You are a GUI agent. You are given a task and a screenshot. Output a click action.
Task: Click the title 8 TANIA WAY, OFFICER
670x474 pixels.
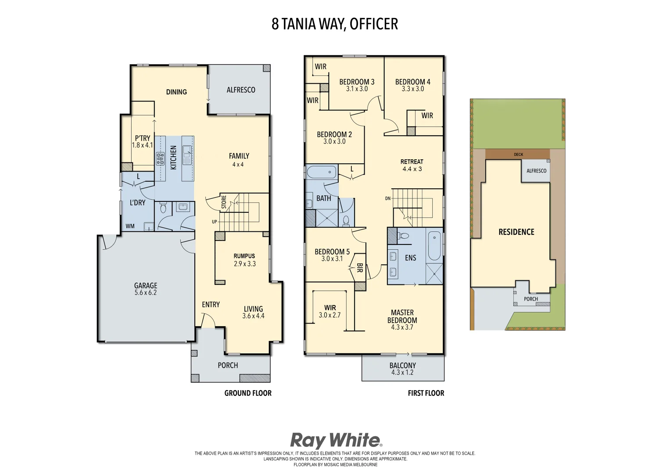334,24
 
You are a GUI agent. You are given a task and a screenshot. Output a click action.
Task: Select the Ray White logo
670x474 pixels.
336,440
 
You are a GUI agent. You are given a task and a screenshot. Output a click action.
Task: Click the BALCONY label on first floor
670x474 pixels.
402,366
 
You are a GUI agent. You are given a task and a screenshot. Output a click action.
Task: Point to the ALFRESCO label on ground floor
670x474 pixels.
240,90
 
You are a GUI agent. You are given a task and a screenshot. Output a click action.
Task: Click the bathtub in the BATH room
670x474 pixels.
321,172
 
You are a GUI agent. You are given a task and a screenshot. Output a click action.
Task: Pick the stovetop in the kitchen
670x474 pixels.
160,158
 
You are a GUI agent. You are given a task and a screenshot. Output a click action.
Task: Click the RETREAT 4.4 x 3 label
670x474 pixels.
412,165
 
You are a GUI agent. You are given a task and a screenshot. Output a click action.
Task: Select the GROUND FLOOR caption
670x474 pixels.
248,393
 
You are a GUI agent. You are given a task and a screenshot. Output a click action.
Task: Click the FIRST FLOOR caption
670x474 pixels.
426,393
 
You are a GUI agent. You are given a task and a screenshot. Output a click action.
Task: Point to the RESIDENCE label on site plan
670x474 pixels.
516,232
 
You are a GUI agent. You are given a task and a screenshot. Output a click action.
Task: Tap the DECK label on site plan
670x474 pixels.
518,154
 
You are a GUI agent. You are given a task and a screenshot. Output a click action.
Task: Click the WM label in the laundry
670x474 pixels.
130,226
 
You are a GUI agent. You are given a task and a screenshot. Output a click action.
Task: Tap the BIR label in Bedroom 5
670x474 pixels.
359,268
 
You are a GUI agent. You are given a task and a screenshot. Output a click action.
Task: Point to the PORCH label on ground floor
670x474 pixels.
228,366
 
